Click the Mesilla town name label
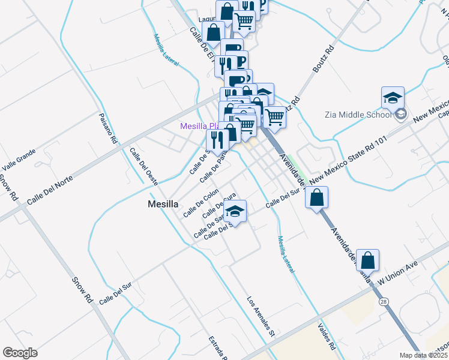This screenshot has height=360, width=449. (163, 204)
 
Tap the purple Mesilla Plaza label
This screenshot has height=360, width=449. (200, 127)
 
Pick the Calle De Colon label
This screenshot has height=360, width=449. (201, 203)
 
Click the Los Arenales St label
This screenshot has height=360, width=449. (261, 315)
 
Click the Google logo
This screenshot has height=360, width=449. (20, 353)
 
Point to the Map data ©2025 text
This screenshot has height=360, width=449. (424, 355)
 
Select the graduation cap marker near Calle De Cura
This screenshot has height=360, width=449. (235, 212)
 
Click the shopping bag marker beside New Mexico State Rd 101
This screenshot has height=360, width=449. (317, 197)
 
